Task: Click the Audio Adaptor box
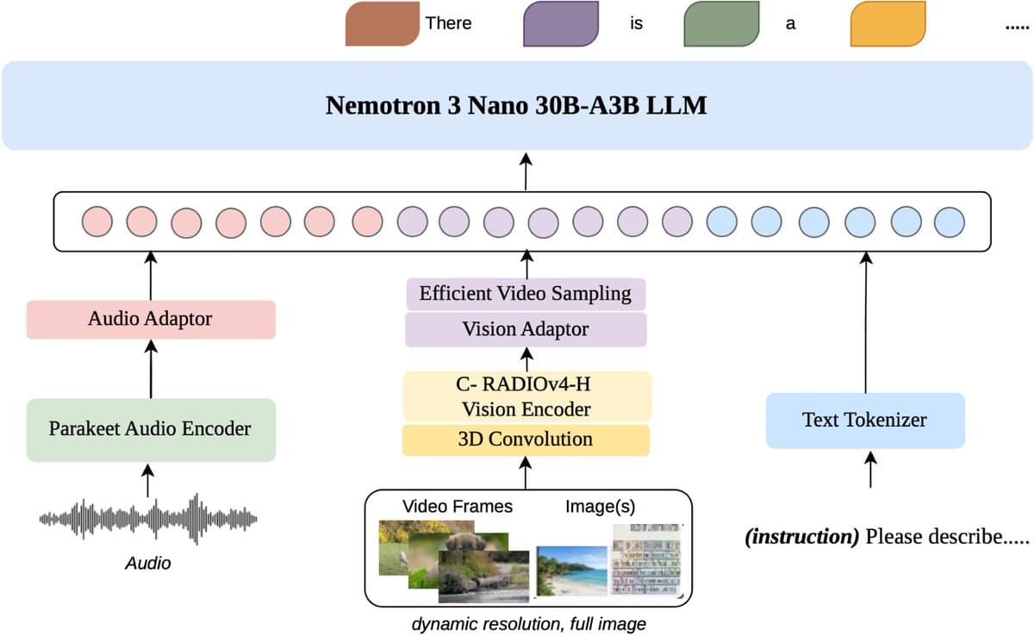[x=151, y=319]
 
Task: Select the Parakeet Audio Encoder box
[x=151, y=429]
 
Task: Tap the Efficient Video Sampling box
[x=526, y=294]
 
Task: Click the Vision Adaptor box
[x=526, y=329]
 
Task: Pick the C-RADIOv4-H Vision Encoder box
[x=526, y=396]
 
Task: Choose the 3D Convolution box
[x=526, y=440]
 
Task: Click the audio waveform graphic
[x=148, y=519]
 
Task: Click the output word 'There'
[x=448, y=23]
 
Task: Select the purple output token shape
[x=560, y=24]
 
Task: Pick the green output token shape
[x=720, y=24]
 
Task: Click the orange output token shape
[x=888, y=24]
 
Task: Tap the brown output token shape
[x=382, y=24]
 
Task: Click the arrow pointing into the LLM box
[x=526, y=171]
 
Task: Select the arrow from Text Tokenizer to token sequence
[x=867, y=322]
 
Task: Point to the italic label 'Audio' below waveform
[x=148, y=564]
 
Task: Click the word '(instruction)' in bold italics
[x=802, y=537]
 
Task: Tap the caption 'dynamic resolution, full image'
[x=528, y=623]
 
